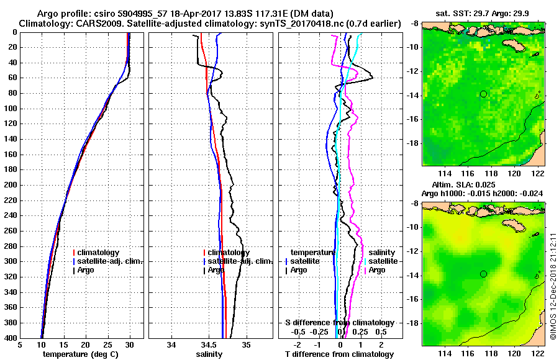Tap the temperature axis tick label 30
tap(129, 346)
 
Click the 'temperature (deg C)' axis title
tap(81, 354)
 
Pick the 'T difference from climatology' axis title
tap(339, 354)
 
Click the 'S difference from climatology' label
tap(339, 323)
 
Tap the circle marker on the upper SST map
tap(483, 94)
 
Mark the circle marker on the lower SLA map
tap(483, 274)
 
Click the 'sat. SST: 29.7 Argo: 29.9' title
tap(484, 14)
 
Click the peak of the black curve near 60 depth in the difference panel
tap(372, 78)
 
